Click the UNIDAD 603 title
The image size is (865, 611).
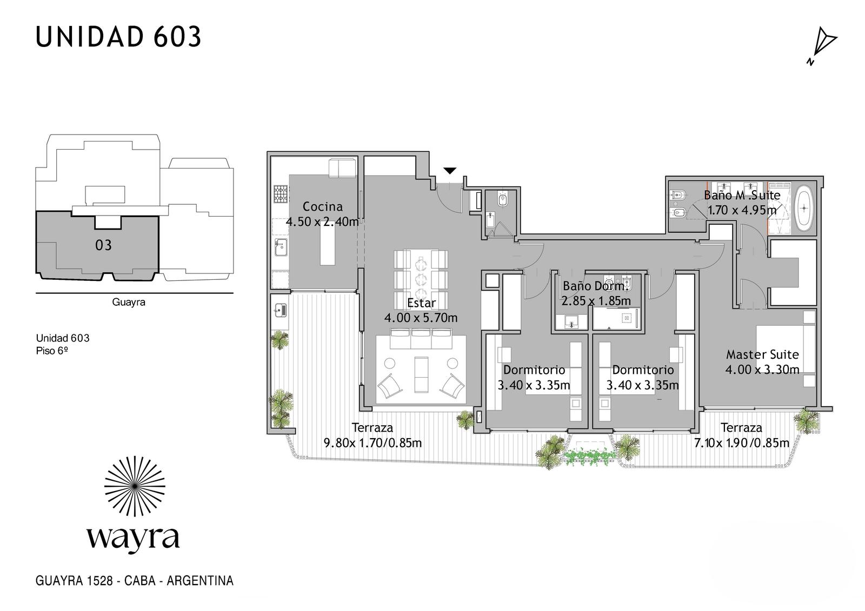118,37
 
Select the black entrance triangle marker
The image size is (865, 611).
449,171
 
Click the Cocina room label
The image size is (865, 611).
323,207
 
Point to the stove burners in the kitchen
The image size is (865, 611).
281,194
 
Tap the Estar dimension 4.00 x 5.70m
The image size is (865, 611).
421,318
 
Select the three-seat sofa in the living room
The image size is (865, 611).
421,339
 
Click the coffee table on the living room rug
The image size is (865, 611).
421,374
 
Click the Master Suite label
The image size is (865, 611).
762,354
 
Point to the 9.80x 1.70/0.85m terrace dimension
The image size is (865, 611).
372,442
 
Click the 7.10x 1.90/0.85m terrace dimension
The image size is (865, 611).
741,442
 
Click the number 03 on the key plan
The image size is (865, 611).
103,245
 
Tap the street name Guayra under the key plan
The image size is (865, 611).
129,302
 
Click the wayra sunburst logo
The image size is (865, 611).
135,486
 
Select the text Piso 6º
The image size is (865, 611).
52,351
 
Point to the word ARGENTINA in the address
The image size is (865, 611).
200,581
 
